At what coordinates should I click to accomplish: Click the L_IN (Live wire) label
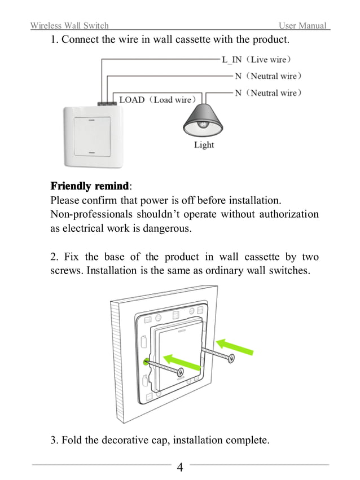257,59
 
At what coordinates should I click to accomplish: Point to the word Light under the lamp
204,145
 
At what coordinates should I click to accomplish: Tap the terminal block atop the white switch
107,104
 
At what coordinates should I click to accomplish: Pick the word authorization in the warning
287,214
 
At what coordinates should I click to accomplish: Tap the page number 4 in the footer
180,468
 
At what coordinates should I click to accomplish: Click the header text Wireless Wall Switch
69,26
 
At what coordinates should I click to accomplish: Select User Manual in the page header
303,26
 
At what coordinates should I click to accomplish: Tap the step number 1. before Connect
55,40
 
